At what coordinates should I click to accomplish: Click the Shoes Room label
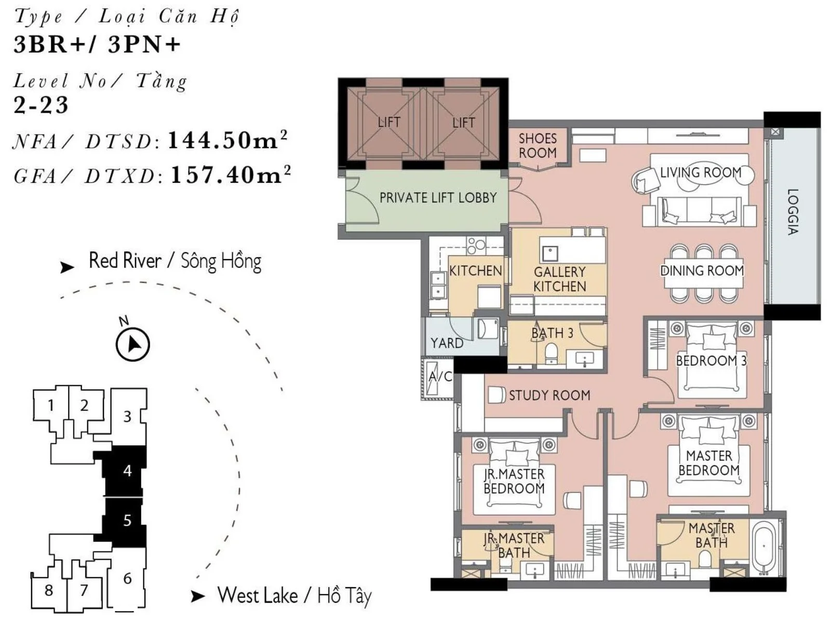tap(537, 146)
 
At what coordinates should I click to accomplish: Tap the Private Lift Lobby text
tap(438, 197)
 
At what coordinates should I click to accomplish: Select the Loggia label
tap(793, 211)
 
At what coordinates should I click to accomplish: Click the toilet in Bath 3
tap(551, 352)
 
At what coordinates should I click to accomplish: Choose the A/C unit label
tap(440, 376)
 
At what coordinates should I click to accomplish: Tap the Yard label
tap(447, 343)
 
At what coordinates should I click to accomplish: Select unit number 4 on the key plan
tap(128, 471)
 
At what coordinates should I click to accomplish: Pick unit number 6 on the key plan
tap(128, 578)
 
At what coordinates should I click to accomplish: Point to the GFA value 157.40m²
tap(231, 174)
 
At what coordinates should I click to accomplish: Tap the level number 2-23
tap(41, 105)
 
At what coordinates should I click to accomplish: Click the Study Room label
tap(549, 395)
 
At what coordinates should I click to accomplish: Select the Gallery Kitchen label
tap(559, 279)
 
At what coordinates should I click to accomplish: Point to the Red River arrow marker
tap(68, 267)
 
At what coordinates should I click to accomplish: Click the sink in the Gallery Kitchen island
tap(549, 254)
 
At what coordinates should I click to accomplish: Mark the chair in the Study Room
tap(497, 395)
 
